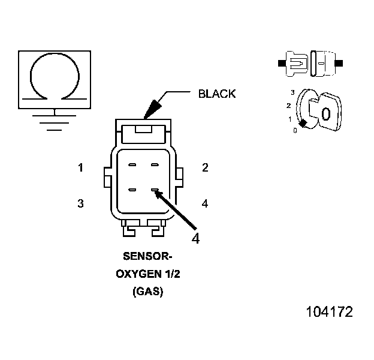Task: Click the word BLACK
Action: [x=217, y=94]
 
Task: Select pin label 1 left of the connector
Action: [x=80, y=168]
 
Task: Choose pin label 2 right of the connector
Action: [x=205, y=168]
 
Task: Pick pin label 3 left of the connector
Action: [x=80, y=204]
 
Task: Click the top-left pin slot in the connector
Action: [x=133, y=165]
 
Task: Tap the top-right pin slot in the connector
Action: [x=155, y=165]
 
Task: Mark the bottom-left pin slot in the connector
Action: [x=133, y=191]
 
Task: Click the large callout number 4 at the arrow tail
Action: [x=195, y=238]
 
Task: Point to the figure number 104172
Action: [x=329, y=312]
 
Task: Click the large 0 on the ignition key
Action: [x=326, y=114]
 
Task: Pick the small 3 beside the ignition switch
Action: [x=292, y=92]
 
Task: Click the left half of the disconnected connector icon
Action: [x=295, y=62]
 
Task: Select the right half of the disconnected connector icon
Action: [x=324, y=62]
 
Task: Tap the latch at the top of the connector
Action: [x=143, y=129]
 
